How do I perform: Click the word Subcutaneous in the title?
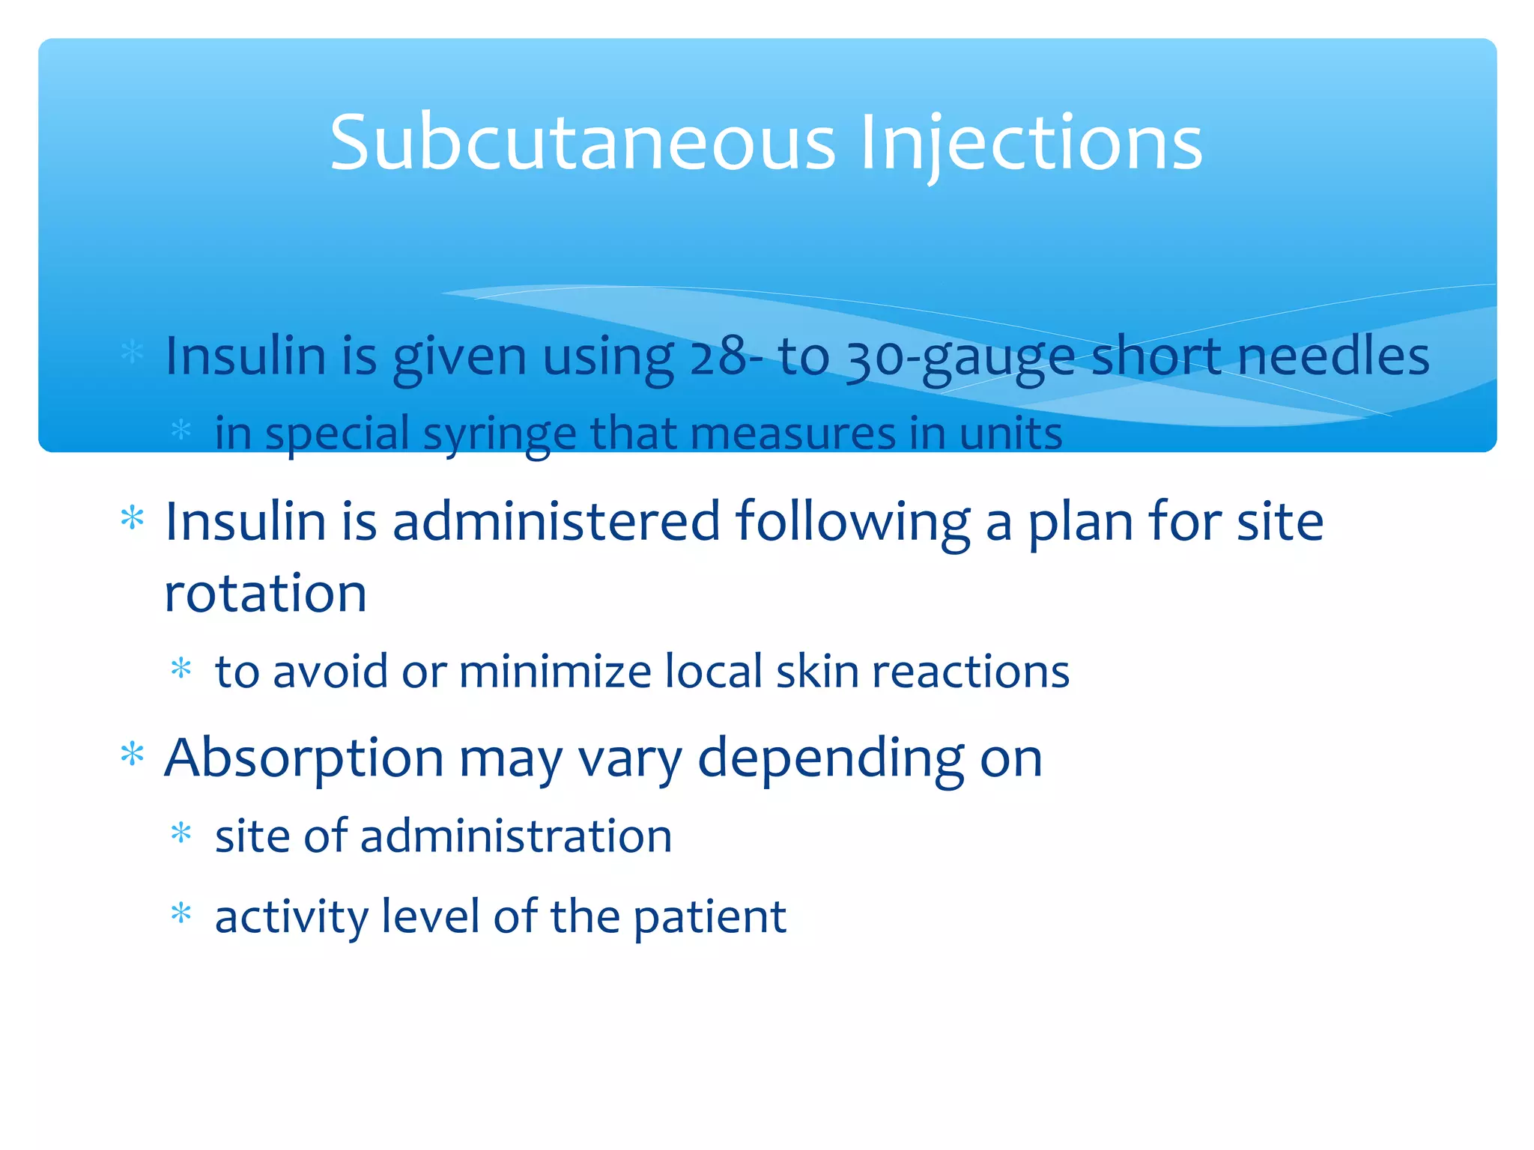[x=582, y=142]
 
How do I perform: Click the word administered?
[x=556, y=522]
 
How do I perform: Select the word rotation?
[x=265, y=594]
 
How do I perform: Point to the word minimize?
[x=555, y=672]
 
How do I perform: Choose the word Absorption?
[x=303, y=758]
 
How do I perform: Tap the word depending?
[x=831, y=758]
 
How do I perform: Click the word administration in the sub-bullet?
[x=516, y=836]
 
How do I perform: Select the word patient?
[x=709, y=916]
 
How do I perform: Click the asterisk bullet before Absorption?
[x=133, y=754]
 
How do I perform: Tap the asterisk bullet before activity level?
[x=181, y=913]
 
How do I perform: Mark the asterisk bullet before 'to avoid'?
[x=181, y=667]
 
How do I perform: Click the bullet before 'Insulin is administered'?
[x=133, y=517]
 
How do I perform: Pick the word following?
[x=852, y=522]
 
